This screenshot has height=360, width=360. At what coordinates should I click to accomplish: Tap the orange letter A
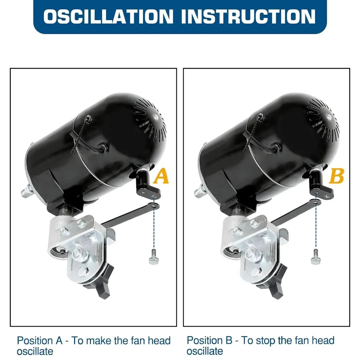tap(161, 176)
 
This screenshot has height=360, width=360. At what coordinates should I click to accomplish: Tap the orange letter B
tap(337, 176)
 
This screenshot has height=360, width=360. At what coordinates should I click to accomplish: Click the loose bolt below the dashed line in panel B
tap(315, 257)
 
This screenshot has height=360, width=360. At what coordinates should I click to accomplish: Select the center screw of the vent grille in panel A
tap(156, 116)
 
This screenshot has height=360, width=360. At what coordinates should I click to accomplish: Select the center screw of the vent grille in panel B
tap(329, 116)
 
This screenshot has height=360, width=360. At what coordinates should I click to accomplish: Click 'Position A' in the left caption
tap(40, 340)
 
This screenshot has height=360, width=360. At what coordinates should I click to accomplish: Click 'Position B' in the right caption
tap(209, 340)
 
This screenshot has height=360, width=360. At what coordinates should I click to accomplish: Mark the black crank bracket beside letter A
tap(147, 186)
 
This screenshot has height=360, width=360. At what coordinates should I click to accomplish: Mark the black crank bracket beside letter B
tap(321, 186)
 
